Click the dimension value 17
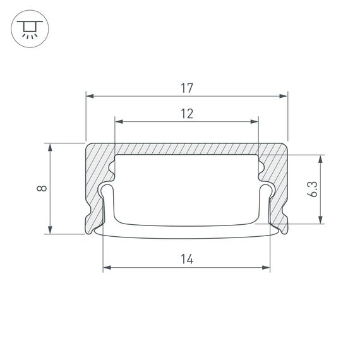(x=186, y=88)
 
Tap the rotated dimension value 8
(x=40, y=188)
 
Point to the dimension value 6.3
(x=313, y=189)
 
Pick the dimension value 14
(x=186, y=259)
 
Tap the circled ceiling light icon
(x=27, y=30)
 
